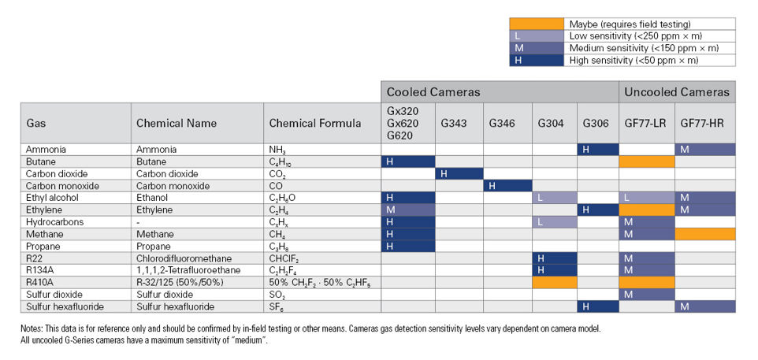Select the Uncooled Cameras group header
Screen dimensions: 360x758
coord(677,92)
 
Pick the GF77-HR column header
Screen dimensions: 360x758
coord(705,123)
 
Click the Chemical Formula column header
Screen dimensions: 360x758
coord(314,123)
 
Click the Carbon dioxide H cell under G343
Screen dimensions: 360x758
coord(459,173)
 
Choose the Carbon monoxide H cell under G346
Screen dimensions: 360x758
coord(507,186)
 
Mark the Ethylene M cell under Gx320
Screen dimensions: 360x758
coord(407,210)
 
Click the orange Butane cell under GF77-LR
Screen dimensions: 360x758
coord(646,161)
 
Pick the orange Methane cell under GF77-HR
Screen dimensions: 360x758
coord(705,235)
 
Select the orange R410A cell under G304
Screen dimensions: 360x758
coord(554,282)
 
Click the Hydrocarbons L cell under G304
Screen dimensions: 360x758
coord(554,222)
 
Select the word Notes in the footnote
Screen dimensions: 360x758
coord(34,328)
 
